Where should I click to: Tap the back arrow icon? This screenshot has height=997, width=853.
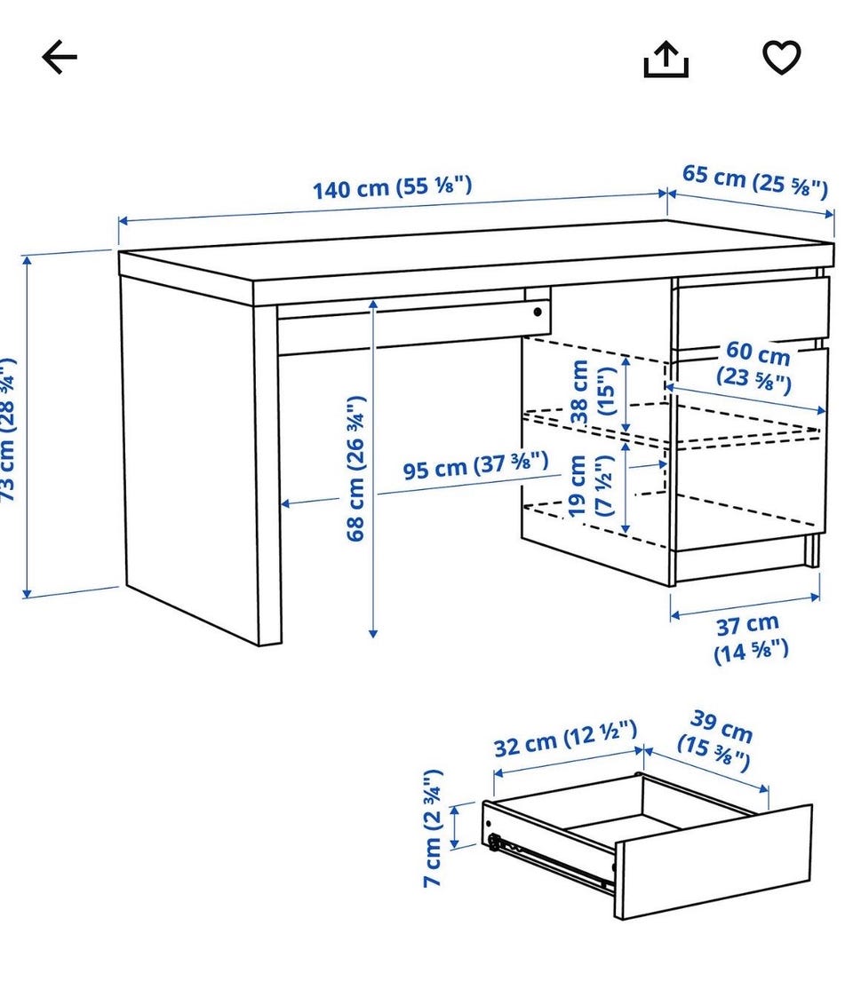pyautogui.click(x=60, y=57)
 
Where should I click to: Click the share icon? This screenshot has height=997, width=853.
pyautogui.click(x=666, y=59)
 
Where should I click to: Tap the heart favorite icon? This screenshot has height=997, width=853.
pyautogui.click(x=782, y=57)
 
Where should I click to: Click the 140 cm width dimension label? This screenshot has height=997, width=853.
pyautogui.click(x=392, y=187)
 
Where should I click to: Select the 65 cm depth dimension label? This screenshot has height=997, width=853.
pyautogui.click(x=755, y=181)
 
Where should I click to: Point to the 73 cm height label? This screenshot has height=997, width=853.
pyautogui.click(x=8, y=431)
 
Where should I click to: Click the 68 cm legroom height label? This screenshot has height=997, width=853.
pyautogui.click(x=356, y=470)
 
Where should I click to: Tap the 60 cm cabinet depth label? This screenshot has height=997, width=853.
pyautogui.click(x=755, y=367)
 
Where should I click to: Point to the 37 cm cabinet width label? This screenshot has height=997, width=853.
pyautogui.click(x=750, y=637)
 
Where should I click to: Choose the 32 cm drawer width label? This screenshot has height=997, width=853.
pyautogui.click(x=565, y=739)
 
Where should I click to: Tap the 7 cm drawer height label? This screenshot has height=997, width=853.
pyautogui.click(x=433, y=828)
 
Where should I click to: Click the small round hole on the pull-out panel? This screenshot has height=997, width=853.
pyautogui.click(x=538, y=312)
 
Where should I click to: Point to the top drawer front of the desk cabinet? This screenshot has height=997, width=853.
pyautogui.click(x=752, y=312)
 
